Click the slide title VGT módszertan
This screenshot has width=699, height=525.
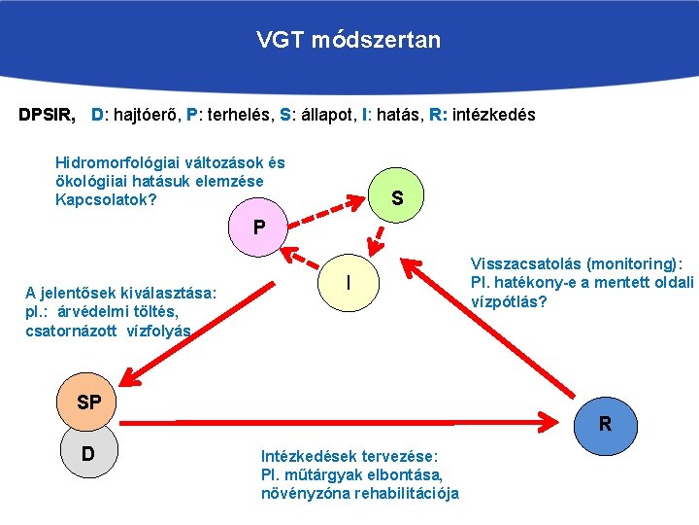coord(349,40)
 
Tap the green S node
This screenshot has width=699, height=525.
coord(397,199)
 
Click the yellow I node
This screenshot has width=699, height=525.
coord(348,283)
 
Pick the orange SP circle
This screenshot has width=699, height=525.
coord(88,402)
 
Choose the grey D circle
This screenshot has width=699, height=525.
coord(88,454)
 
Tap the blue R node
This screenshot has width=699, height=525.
coord(605,424)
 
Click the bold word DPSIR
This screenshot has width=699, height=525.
coord(47,115)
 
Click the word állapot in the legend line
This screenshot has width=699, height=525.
coord(325,115)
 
